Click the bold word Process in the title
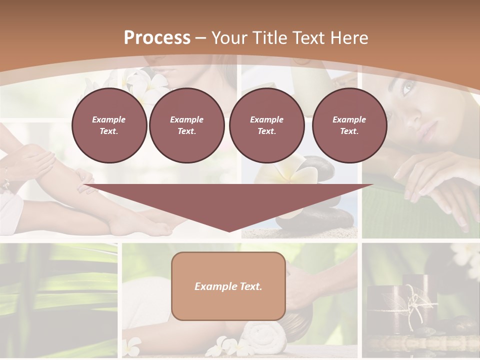coord(157,38)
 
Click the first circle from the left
coord(109,125)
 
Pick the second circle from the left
coord(186,125)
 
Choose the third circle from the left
coord(266,125)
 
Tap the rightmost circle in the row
coord(349,125)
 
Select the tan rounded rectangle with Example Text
coord(228,286)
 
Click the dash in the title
coord(200,38)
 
